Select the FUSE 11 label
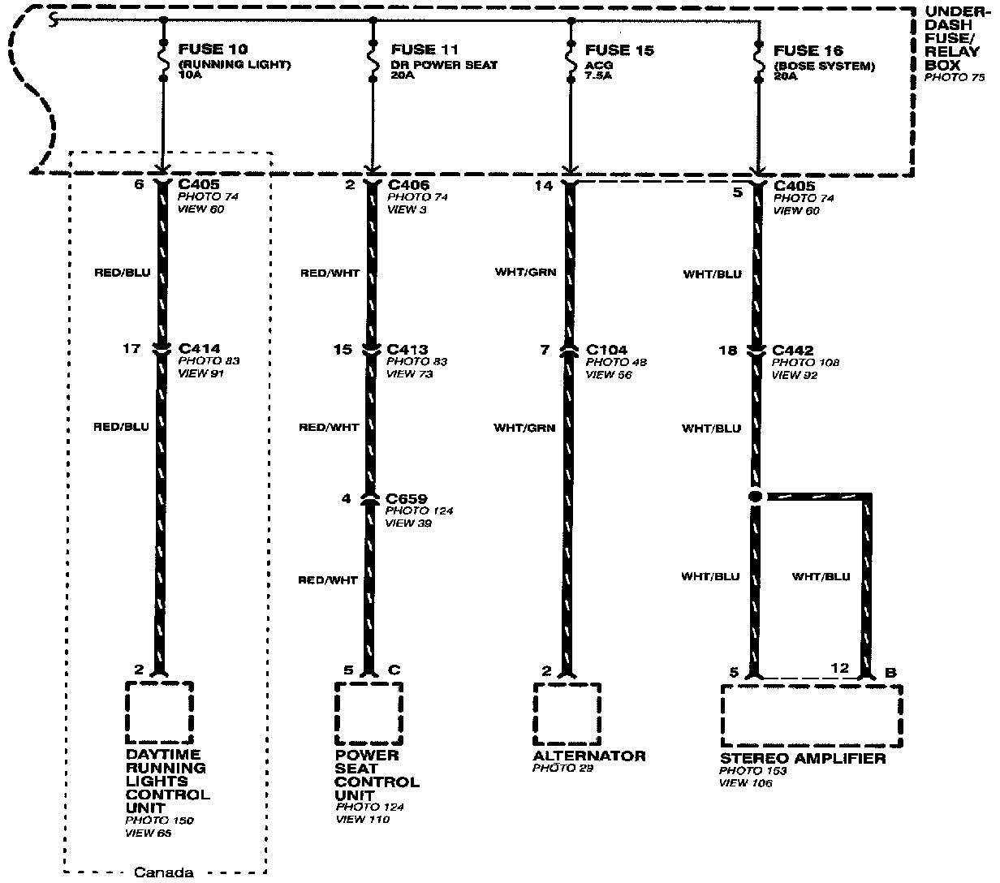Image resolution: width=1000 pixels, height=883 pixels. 425,50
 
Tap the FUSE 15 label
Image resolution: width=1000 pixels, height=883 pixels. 619,50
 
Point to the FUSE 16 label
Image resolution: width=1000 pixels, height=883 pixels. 808,50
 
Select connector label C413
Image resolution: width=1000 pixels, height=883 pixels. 407,349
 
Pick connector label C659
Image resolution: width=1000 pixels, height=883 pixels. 407,498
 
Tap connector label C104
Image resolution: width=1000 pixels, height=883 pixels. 606,350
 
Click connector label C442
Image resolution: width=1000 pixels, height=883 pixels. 792,351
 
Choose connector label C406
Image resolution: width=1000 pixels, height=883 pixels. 408,184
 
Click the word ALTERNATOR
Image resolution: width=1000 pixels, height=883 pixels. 589,756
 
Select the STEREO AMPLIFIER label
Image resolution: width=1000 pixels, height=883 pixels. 802,758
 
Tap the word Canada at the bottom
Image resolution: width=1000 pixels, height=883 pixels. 163,873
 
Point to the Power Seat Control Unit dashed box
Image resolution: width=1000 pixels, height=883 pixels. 369,713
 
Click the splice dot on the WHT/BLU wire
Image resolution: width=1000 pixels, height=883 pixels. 755,496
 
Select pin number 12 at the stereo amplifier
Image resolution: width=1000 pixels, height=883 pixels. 840,668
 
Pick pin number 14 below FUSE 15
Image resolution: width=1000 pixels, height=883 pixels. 544,186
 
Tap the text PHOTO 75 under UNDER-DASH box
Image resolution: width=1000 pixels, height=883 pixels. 955,77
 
